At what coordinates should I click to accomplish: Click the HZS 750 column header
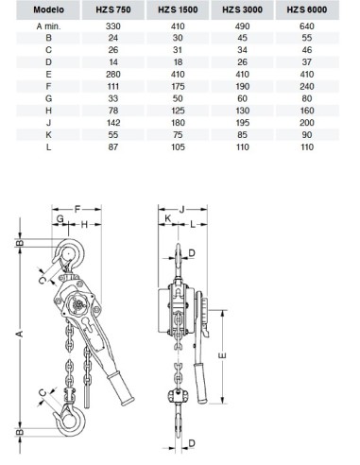pyautogui.click(x=113, y=9)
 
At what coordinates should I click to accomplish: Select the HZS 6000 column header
pyautogui.click(x=307, y=9)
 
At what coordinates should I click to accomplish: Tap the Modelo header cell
pyautogui.click(x=48, y=9)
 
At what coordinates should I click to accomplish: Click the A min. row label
pyautogui.click(x=48, y=26)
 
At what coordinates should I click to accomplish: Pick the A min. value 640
pyautogui.click(x=307, y=26)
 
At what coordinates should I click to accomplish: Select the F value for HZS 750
pyautogui.click(x=113, y=86)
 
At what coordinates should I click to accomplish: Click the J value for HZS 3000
pyautogui.click(x=242, y=123)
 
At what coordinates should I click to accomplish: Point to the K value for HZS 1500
pyautogui.click(x=178, y=135)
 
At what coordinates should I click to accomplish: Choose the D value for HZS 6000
pyautogui.click(x=307, y=62)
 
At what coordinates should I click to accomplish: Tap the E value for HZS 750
pyautogui.click(x=113, y=75)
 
